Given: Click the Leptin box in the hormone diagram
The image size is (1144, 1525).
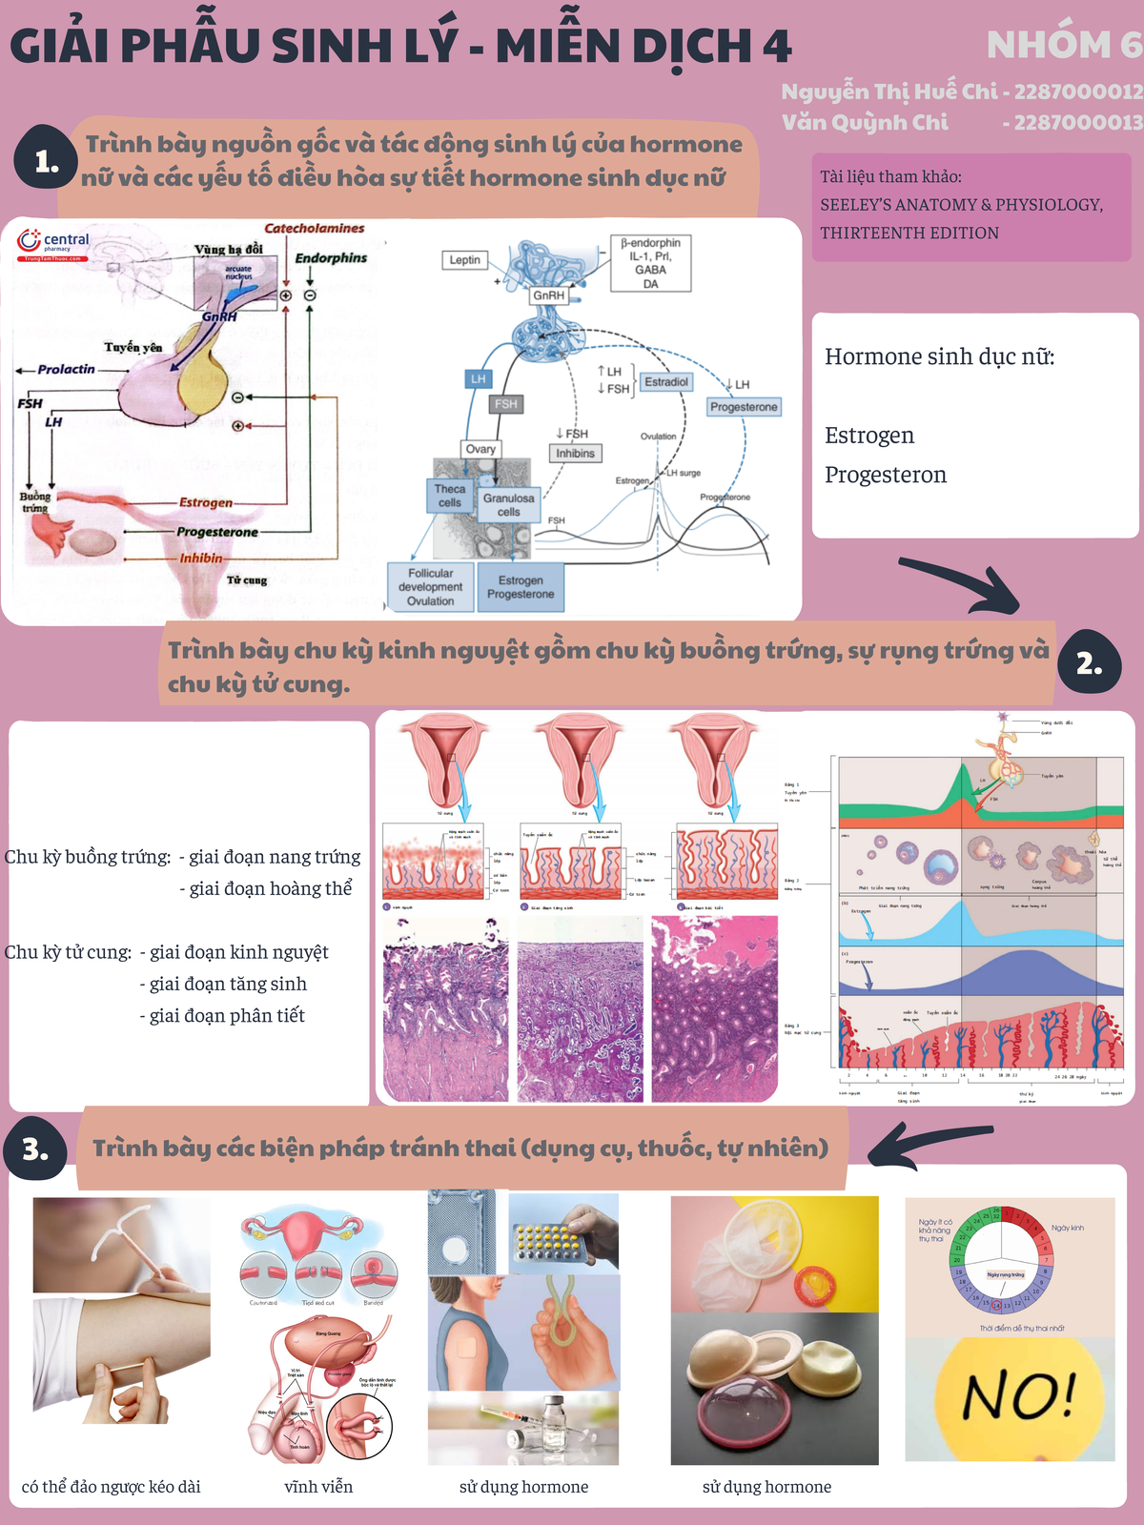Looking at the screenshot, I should pos(465,259).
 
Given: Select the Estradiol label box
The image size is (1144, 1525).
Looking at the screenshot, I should pos(665,381).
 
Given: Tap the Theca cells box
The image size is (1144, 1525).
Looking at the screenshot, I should pos(449,496).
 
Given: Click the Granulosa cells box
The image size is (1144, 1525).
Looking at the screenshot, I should pos(508,505).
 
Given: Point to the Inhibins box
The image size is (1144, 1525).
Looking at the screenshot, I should pos(575,454).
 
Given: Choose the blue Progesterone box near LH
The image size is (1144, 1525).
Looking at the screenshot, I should pos(744,407).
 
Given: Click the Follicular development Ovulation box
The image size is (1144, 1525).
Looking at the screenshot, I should pos(430,587).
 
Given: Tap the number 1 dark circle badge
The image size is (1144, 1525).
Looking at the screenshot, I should pos(45,162).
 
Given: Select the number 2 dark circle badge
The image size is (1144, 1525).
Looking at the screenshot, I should pos(1089,664).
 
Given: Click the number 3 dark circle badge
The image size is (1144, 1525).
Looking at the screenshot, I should pos(36,1149).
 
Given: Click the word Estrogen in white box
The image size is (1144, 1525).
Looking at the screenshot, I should pos(868,436).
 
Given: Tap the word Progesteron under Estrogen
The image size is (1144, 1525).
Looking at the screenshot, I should pos(885,475).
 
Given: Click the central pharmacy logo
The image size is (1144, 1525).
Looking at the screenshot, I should pos(53,244).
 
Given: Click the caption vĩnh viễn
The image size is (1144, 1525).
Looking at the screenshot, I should pos(318,1487).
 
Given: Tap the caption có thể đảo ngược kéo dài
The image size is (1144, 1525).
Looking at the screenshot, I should pos(111,1487).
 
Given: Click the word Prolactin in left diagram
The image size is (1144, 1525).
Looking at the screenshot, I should pos(66,369).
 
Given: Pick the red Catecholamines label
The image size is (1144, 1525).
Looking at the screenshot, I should pos(314,229).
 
